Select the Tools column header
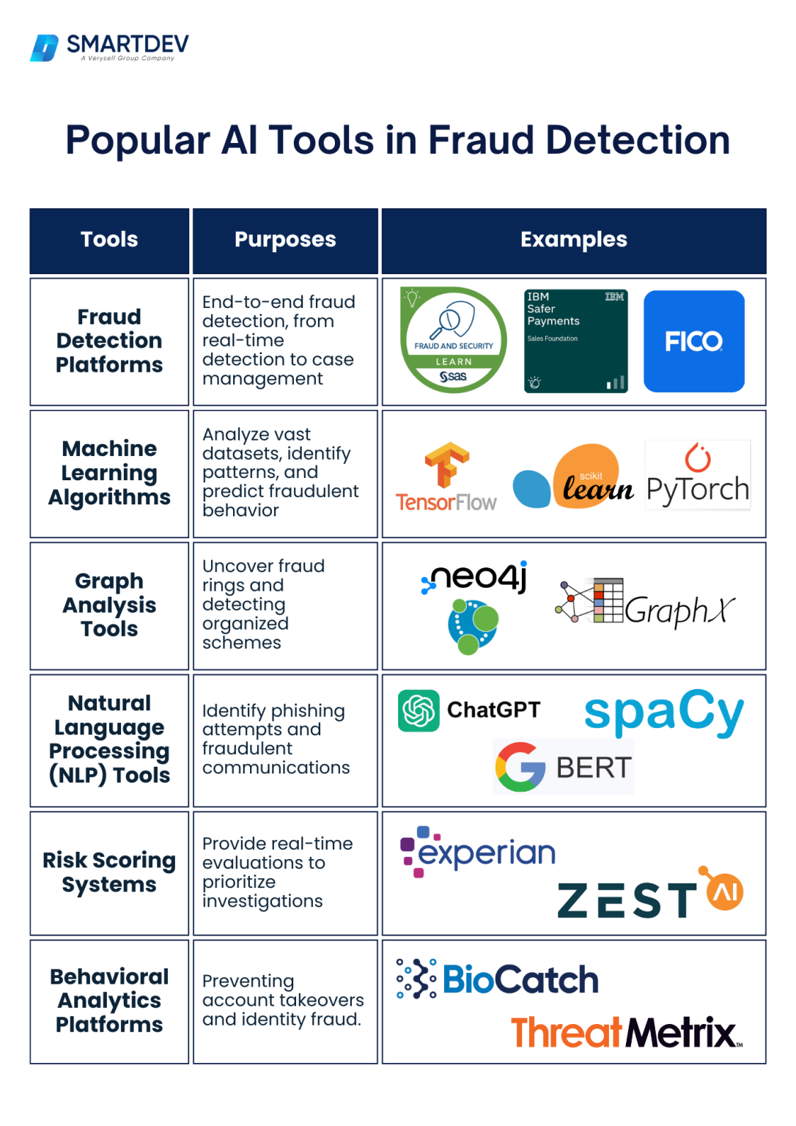tap(109, 240)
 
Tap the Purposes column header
tap(285, 240)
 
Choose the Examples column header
tap(573, 240)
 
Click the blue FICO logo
tap(693, 342)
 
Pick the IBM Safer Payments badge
tap(576, 341)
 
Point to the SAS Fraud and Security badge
tap(454, 340)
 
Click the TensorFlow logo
tap(446, 476)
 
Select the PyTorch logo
tap(698, 476)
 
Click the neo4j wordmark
tap(476, 578)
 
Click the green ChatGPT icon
tap(419, 710)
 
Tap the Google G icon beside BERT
tap(520, 767)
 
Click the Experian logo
tap(479, 853)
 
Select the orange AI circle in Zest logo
tap(725, 891)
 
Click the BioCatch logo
tap(498, 979)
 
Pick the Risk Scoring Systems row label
tap(109, 872)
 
